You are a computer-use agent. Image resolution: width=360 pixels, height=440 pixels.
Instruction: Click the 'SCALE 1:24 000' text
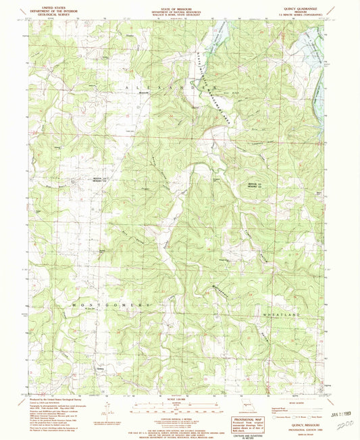tap(179, 399)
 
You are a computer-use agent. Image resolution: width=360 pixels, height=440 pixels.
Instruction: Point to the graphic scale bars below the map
tap(179, 408)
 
